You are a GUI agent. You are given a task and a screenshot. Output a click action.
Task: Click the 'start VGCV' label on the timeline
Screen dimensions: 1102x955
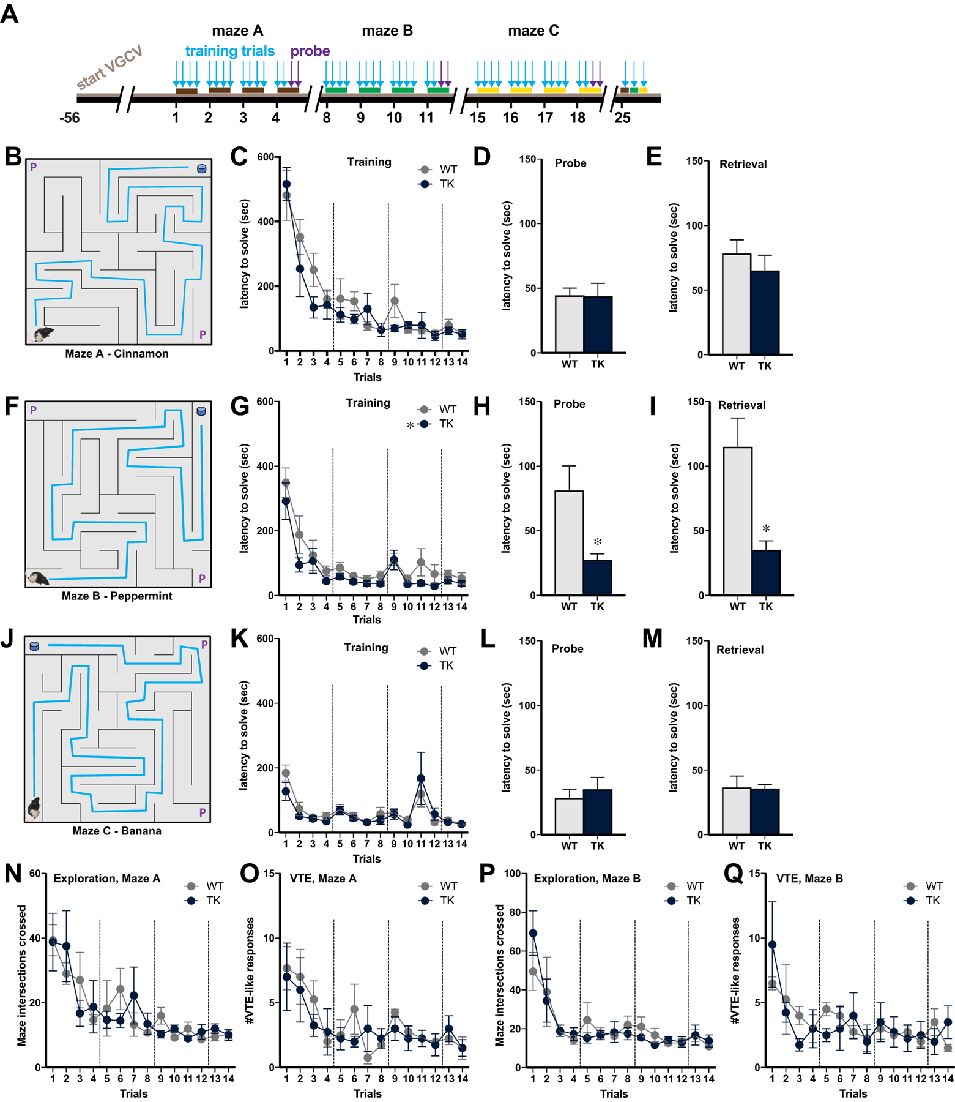[110, 67]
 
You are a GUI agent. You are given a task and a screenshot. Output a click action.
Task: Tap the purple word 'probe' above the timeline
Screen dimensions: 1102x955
[310, 51]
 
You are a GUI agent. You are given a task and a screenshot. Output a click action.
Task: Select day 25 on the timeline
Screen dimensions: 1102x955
[622, 118]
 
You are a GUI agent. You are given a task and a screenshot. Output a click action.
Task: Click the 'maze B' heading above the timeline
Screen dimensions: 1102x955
[387, 31]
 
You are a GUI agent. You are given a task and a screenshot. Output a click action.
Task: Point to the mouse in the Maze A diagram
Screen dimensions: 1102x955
[43, 334]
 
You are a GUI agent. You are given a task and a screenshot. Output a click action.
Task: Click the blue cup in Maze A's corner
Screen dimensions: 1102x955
[202, 168]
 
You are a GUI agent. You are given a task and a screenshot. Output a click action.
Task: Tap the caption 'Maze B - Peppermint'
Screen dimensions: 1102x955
[117, 596]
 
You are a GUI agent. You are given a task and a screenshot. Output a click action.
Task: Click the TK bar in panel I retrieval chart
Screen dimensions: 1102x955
[766, 572]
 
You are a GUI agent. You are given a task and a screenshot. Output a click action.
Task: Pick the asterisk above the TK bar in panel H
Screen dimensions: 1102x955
[598, 542]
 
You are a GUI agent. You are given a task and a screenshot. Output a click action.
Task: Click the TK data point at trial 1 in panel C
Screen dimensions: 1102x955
[286, 184]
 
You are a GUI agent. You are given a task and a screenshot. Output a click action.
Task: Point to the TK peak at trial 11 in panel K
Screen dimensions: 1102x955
[421, 778]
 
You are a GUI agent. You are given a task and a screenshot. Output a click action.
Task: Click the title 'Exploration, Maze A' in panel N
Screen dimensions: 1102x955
[107, 879]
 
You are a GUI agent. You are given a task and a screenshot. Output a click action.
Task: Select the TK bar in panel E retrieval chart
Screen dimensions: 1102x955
[765, 312]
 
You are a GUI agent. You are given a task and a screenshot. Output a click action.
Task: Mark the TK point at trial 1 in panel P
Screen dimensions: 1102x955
[533, 933]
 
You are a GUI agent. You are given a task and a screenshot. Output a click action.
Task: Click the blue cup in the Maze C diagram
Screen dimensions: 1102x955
[34, 646]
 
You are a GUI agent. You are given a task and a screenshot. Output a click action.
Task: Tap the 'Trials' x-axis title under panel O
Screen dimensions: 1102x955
[368, 1093]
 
